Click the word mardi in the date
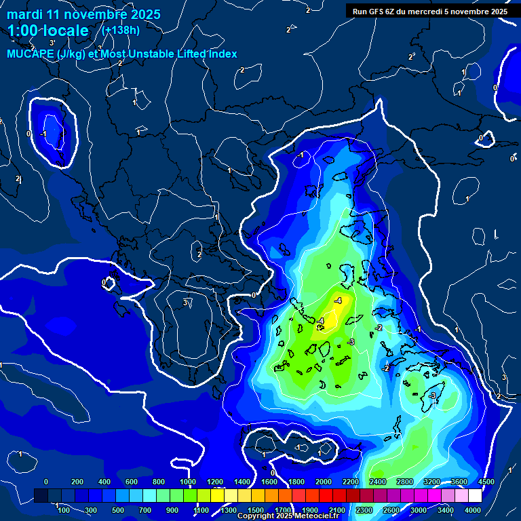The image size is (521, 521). pyautogui.click(x=25, y=14)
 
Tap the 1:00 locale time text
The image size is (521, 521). pyautogui.click(x=48, y=31)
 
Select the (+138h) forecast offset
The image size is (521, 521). pyautogui.click(x=121, y=30)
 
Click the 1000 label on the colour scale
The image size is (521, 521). pyautogui.click(x=188, y=482)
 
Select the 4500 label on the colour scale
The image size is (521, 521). pyautogui.click(x=486, y=482)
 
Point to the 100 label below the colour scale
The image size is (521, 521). pyautogui.click(x=64, y=510)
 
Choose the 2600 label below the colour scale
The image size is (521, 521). pyautogui.click(x=391, y=510)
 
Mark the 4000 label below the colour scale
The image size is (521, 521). pyautogui.click(x=473, y=510)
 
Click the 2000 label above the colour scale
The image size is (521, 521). pyautogui.click(x=324, y=482)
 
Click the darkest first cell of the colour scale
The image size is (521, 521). pyautogui.click(x=41, y=496)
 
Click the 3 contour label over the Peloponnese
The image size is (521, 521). pyautogui.click(x=185, y=303)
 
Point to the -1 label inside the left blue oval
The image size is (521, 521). pyautogui.click(x=43, y=134)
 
